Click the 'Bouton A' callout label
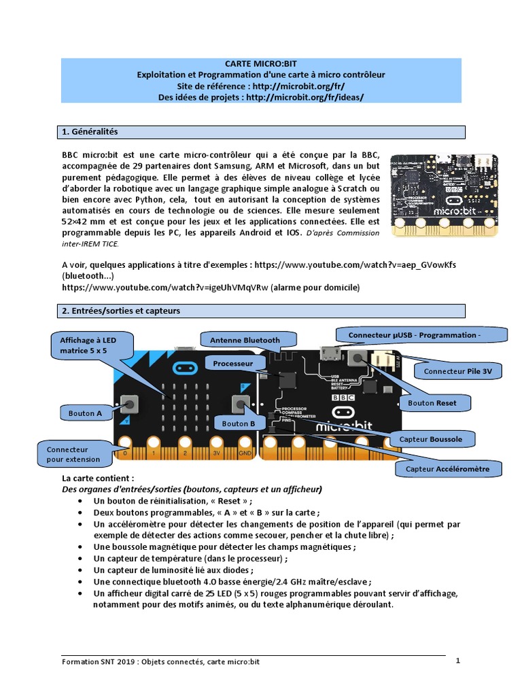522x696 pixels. (x=86, y=413)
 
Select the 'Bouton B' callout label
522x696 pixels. (x=238, y=423)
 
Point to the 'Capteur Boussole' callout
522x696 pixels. (x=430, y=439)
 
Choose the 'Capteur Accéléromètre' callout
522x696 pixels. (x=447, y=469)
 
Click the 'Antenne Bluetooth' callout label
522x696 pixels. (x=245, y=340)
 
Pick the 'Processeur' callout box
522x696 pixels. (x=232, y=364)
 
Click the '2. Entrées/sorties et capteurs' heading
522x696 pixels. (x=262, y=311)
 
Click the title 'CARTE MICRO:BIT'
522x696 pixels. (x=261, y=63)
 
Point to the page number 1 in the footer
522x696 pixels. (x=458, y=660)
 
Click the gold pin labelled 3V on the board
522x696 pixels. (x=217, y=451)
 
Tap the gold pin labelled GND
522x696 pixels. (x=245, y=451)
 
